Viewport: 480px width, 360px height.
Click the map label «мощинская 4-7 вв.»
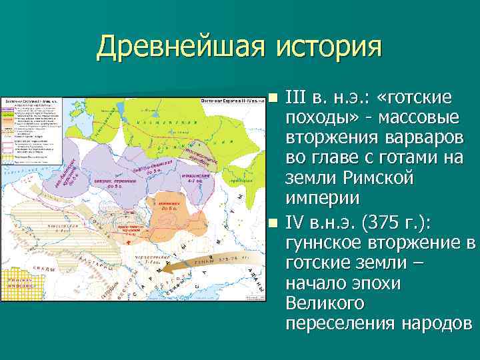(x=198, y=178)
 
